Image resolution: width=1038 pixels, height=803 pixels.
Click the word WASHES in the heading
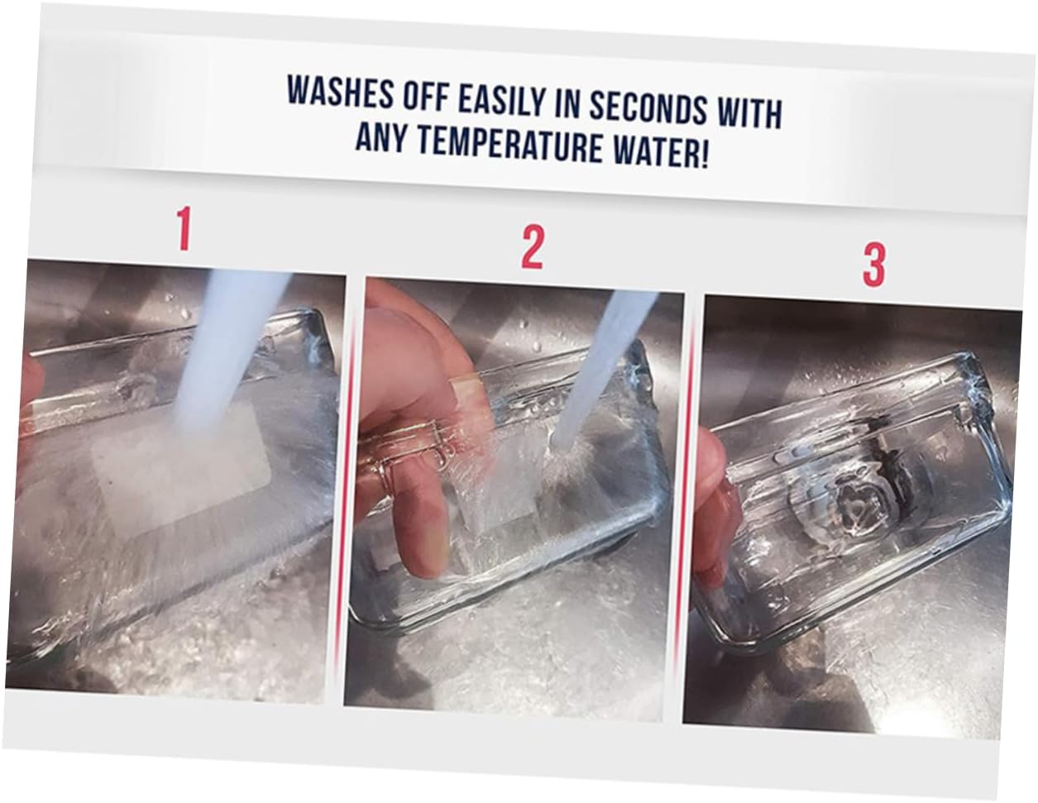pyautogui.click(x=340, y=91)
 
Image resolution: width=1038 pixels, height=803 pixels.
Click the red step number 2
pyautogui.click(x=532, y=247)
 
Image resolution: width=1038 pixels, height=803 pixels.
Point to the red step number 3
pyautogui.click(x=873, y=265)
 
